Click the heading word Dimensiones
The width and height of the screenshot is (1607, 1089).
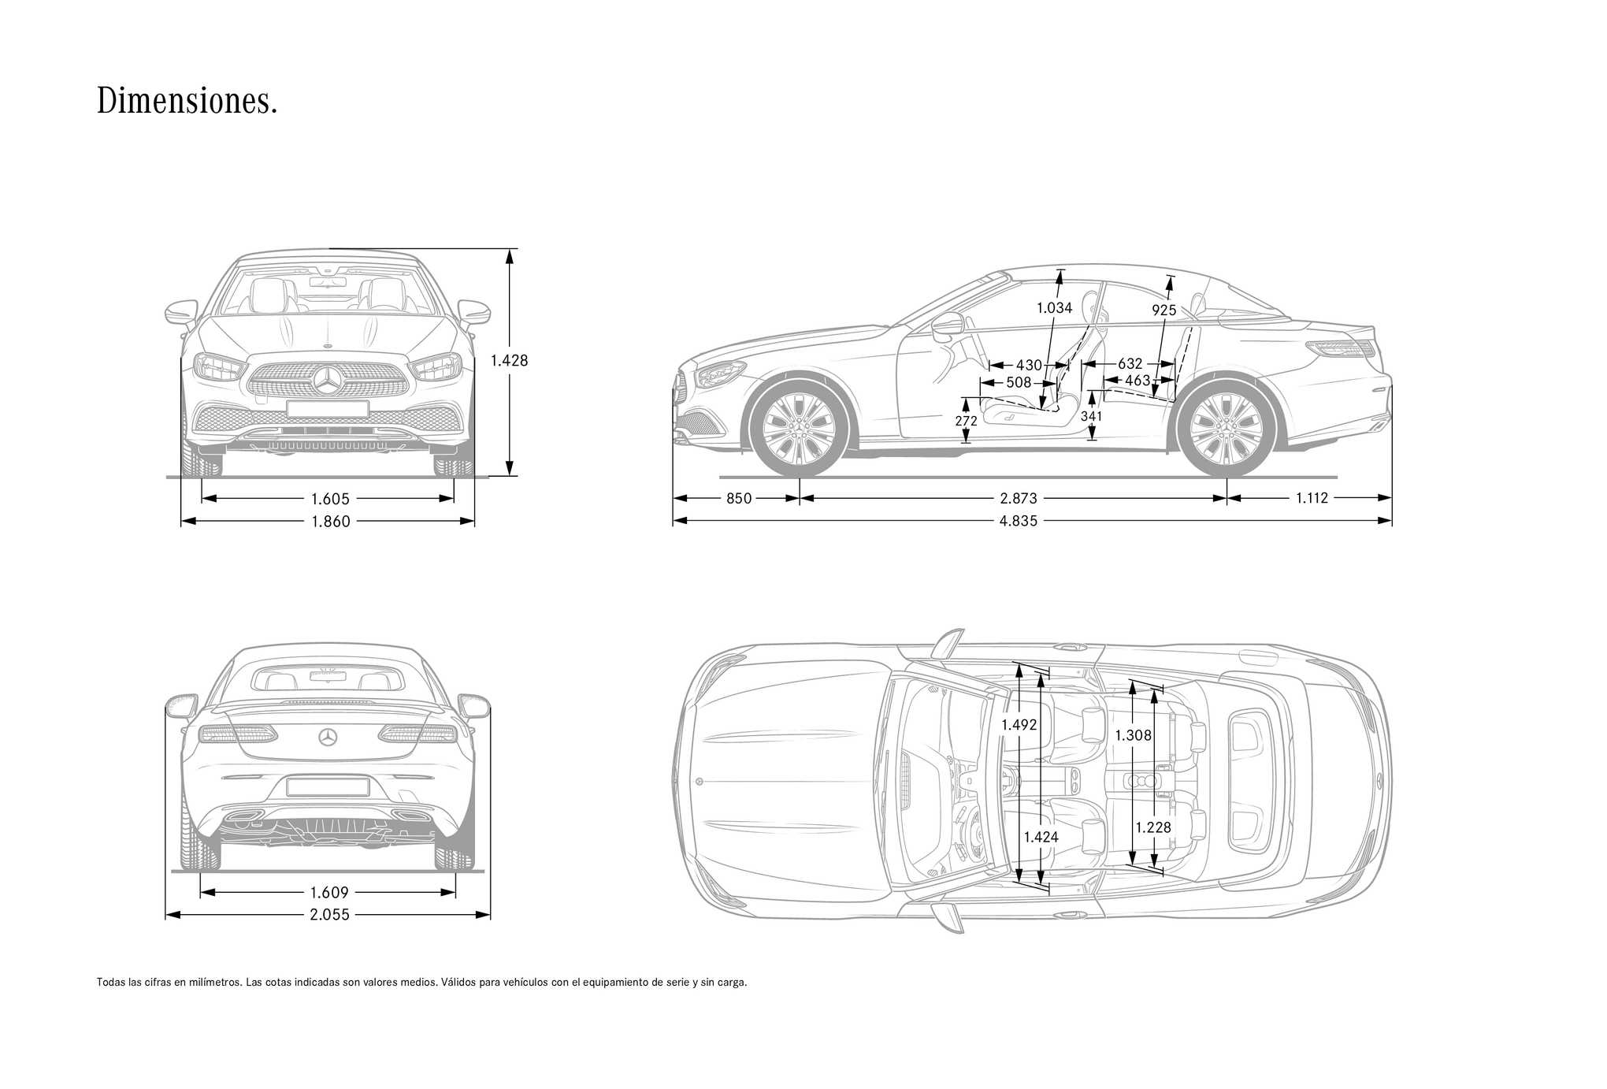pos(187,102)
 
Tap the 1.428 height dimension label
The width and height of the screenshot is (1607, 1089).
pos(509,360)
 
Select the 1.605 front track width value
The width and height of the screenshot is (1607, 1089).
pos(330,499)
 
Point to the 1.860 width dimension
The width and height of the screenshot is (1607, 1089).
pos(330,521)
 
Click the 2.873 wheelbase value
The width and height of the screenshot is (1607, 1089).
pos(1019,498)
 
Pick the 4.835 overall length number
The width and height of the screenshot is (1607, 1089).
pos(1019,520)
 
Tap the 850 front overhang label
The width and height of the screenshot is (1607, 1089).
pos(739,498)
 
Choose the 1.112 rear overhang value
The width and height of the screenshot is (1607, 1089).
pos(1312,497)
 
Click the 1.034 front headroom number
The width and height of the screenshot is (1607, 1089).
pos(1054,308)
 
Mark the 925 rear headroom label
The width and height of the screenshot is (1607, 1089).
pos(1163,310)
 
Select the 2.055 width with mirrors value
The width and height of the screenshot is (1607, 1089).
pos(329,915)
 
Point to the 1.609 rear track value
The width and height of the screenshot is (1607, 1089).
pos(329,893)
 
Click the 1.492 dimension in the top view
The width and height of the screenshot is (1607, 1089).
pos(1019,725)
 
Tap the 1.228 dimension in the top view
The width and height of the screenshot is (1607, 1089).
pos(1153,827)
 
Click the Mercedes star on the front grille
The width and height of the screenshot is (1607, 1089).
pos(328,381)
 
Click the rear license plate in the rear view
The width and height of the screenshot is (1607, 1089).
pos(328,786)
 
